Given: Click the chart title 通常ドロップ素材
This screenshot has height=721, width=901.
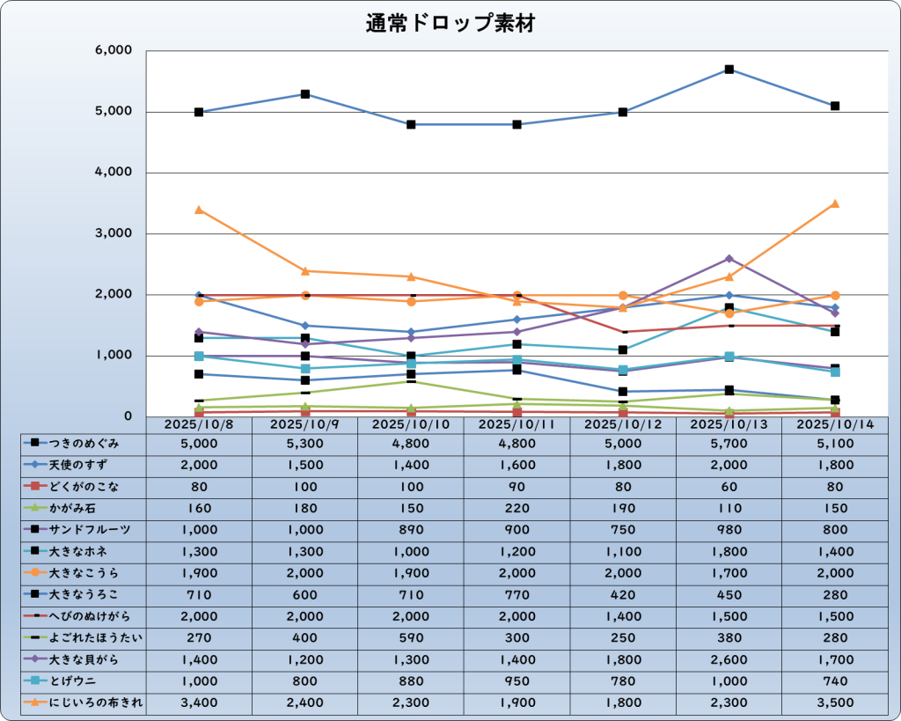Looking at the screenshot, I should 450,24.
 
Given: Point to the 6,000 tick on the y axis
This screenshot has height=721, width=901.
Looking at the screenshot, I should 112,51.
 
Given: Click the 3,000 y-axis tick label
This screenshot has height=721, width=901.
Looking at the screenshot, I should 112,234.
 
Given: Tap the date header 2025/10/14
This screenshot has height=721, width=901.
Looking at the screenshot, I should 834,424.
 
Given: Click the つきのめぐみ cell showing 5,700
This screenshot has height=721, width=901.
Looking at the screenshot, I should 729,444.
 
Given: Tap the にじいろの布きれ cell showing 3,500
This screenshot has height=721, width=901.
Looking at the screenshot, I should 834,703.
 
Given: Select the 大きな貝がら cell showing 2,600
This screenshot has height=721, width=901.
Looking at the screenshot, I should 729,659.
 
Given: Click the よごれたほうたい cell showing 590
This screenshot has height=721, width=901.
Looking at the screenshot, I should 411,637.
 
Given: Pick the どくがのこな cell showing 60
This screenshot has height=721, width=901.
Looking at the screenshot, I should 729,487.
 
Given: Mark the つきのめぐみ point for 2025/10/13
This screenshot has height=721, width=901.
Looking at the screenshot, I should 729,70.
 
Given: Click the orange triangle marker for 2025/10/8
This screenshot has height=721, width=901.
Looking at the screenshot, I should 199,210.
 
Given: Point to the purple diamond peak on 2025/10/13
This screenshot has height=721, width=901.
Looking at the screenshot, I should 729,259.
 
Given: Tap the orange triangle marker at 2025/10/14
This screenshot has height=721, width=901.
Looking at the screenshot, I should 835,203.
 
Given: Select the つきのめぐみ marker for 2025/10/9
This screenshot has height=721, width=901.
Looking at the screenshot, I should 304,94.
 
